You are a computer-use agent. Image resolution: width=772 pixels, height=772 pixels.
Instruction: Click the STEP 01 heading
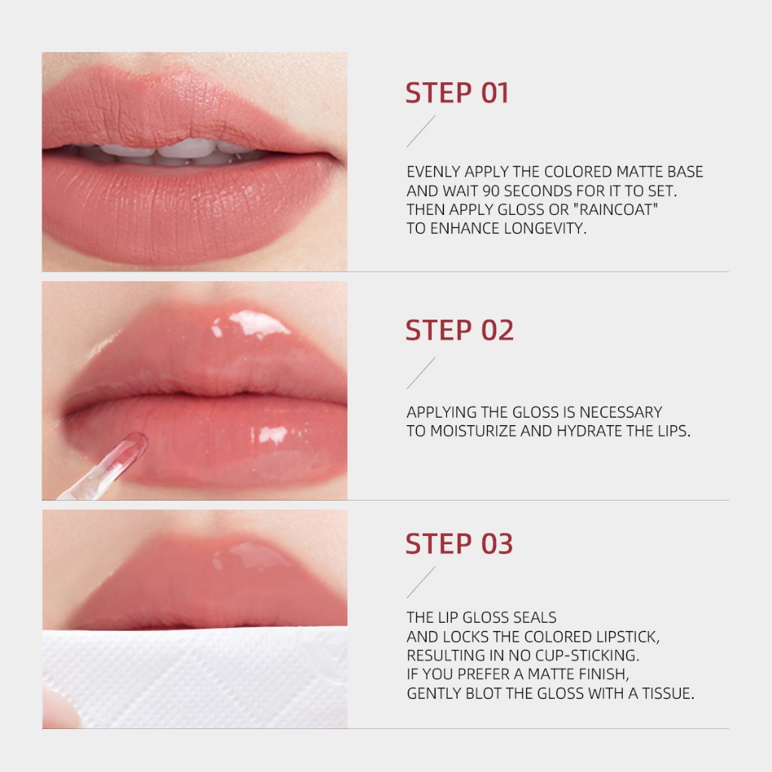(x=457, y=93)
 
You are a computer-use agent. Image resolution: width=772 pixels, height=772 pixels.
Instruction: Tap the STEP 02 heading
(x=459, y=330)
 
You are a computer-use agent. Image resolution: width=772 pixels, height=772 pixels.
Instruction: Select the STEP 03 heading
(x=459, y=544)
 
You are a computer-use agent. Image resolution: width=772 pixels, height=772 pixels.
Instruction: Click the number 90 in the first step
(x=491, y=191)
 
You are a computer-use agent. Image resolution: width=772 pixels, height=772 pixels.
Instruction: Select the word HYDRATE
(x=590, y=431)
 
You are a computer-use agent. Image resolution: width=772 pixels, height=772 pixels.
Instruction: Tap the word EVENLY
(x=433, y=172)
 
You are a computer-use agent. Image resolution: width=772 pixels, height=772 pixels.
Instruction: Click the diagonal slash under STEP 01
(x=421, y=131)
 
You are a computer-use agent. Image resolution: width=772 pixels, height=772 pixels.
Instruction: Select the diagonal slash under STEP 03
(x=421, y=583)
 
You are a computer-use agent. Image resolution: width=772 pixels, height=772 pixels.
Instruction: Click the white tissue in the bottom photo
(x=197, y=677)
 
